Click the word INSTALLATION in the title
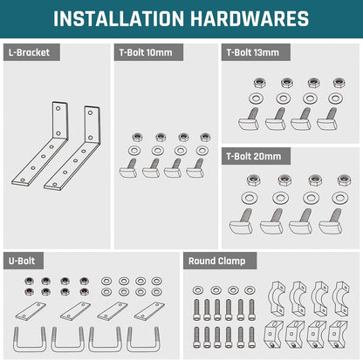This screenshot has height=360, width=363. (119, 19)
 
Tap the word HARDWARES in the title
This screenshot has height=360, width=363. (250, 19)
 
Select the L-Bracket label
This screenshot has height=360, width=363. (29, 52)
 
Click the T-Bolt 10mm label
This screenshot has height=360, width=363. (146, 52)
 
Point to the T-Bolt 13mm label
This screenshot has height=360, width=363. (253, 52)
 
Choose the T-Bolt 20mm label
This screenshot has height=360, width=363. (254, 156)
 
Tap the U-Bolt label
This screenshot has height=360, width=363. (22, 261)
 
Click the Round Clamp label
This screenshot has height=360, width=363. (216, 261)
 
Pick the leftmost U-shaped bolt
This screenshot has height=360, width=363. (30, 340)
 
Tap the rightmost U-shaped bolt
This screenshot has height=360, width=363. (143, 340)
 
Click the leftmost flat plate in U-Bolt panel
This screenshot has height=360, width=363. (31, 311)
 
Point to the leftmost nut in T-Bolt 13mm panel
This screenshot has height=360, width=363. (258, 83)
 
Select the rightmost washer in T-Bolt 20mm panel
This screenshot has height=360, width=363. (339, 198)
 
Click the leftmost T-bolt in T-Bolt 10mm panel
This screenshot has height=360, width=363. (128, 169)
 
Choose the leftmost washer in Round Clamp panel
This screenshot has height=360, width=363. (198, 290)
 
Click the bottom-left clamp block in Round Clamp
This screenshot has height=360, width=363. (273, 334)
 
